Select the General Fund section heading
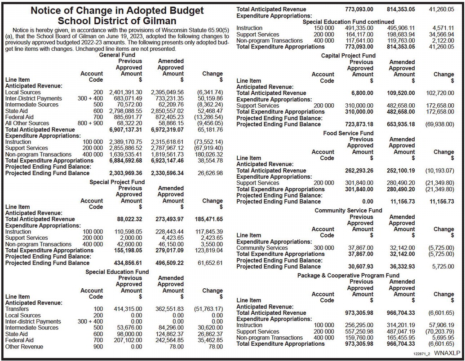117,55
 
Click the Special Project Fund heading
117,182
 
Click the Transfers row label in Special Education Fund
17,309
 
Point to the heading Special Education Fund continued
348,22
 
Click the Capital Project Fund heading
348,56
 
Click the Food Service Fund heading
348,133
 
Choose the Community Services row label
262,248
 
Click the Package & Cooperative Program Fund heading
348,275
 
